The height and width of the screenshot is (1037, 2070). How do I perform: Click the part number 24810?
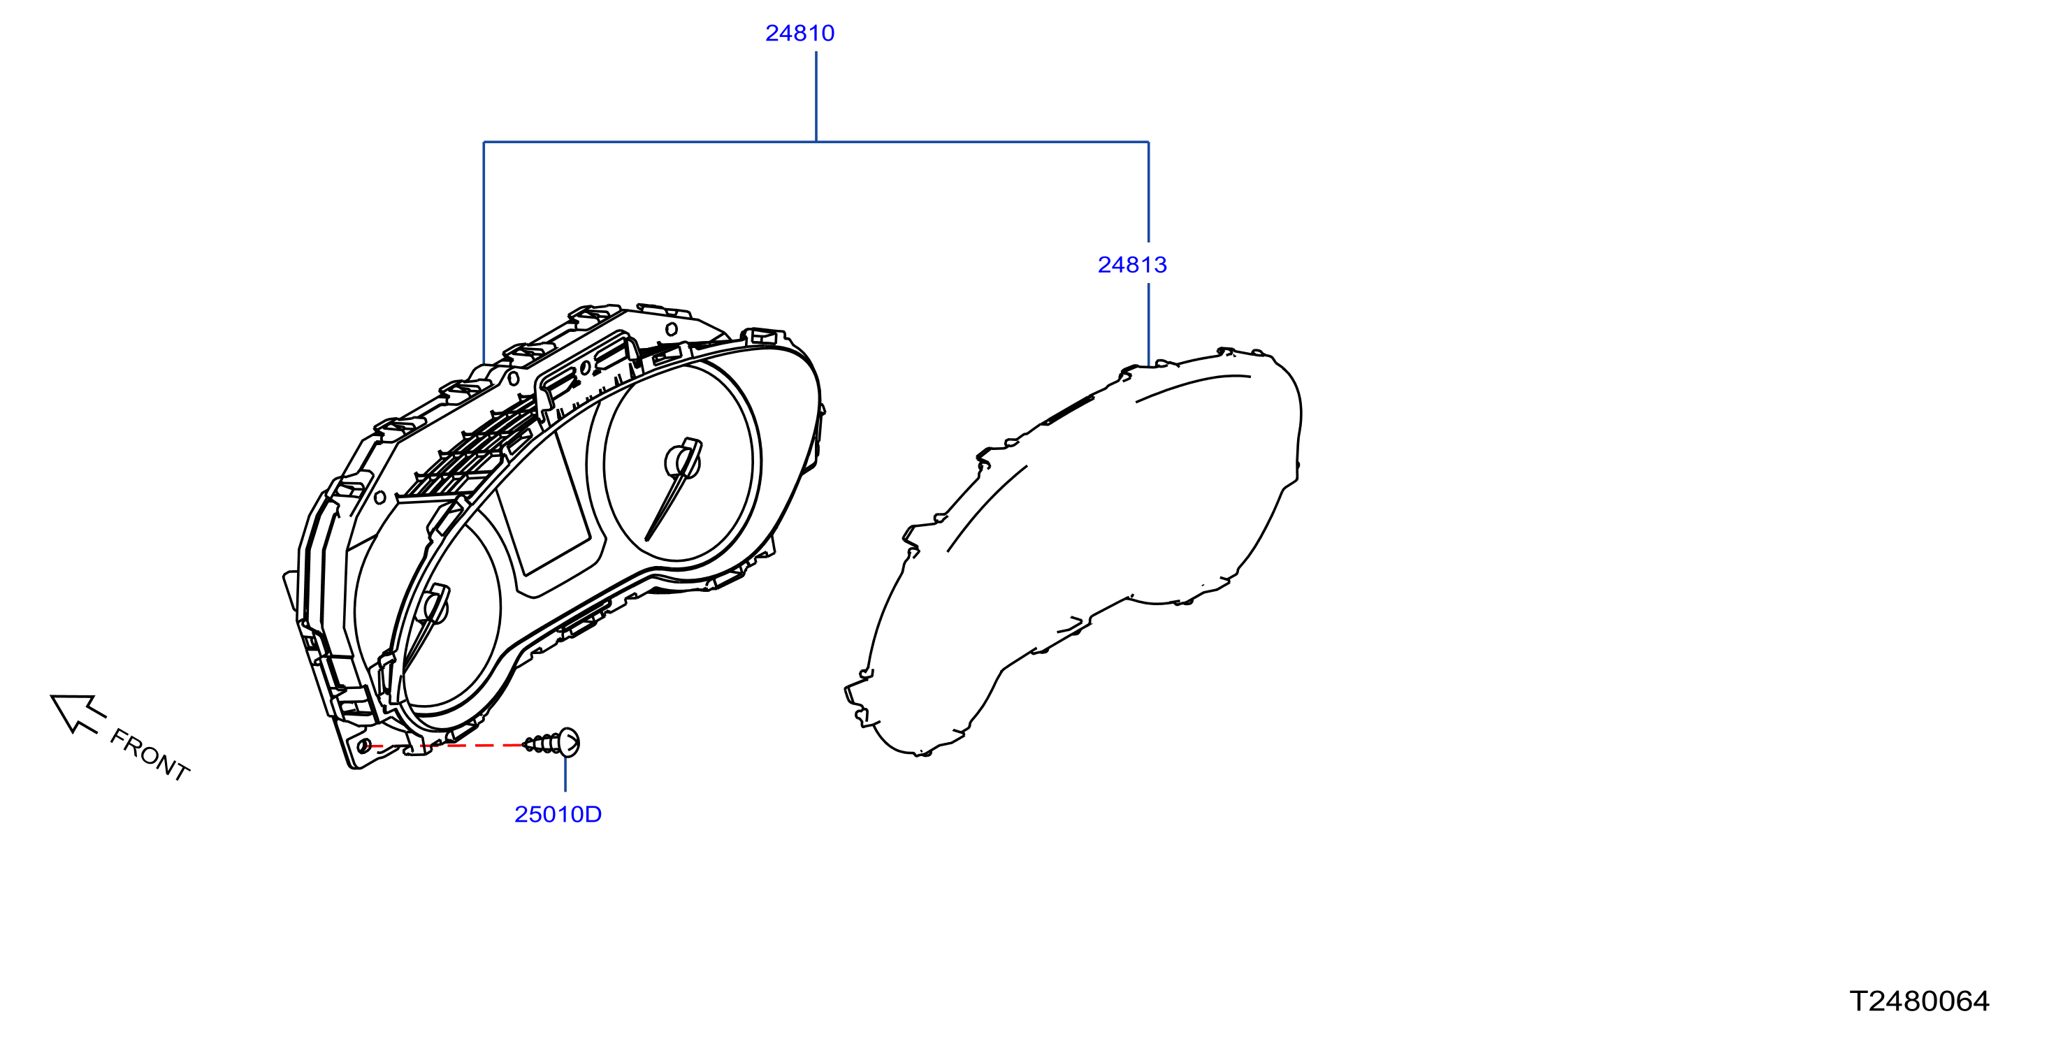click(799, 33)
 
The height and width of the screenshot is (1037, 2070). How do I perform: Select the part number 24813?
click(1132, 264)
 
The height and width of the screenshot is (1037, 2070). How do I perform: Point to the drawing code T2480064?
click(1919, 1001)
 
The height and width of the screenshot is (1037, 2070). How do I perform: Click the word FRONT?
click(150, 754)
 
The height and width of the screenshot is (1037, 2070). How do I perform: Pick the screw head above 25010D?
click(568, 742)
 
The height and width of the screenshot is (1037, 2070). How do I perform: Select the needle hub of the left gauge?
click(435, 604)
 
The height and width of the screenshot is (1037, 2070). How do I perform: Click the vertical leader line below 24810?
click(816, 96)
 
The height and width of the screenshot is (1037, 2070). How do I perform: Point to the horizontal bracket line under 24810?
click(816, 142)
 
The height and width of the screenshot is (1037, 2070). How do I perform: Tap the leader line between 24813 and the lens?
click(1148, 324)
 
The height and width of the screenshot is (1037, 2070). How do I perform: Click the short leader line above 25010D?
click(565, 774)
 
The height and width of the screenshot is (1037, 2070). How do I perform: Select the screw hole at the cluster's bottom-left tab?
click(365, 746)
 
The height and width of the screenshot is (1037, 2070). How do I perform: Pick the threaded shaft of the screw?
click(542, 744)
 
